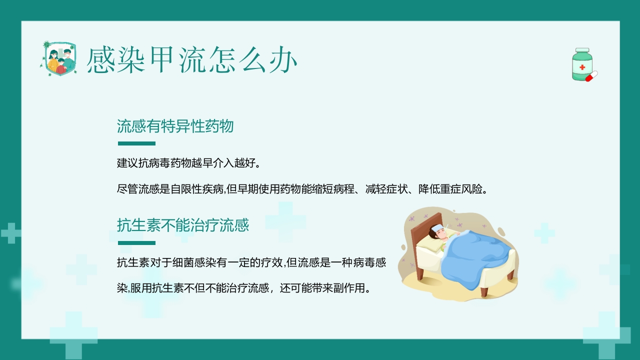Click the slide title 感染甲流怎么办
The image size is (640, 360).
192,60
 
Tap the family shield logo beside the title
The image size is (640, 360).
57,58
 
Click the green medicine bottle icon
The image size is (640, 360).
582,64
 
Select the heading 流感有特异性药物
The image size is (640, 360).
175,126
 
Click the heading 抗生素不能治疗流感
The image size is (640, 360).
182,225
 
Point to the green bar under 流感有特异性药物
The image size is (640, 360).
136,143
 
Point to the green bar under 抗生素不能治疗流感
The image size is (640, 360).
136,243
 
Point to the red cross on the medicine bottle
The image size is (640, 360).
582,67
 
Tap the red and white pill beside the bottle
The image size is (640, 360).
591,76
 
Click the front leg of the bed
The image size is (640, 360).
484,291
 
